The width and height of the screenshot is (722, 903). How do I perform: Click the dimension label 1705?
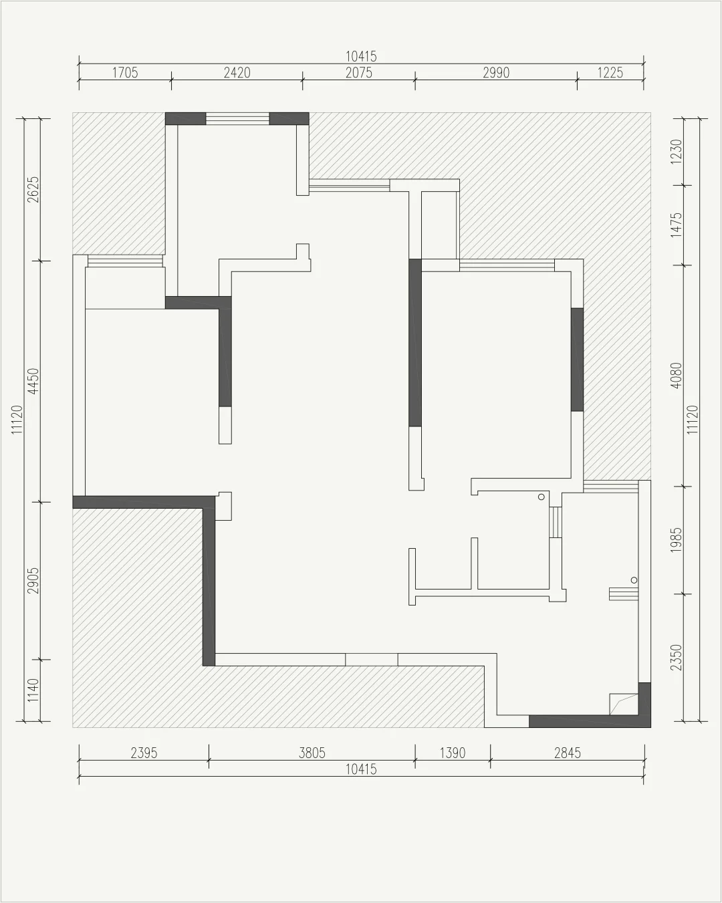coord(125,73)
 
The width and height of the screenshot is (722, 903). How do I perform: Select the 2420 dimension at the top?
coord(237,73)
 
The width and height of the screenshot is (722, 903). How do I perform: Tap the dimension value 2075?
coord(359,73)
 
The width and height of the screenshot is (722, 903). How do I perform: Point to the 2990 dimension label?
coord(496,73)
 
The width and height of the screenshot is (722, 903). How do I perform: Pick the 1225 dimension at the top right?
coord(610,73)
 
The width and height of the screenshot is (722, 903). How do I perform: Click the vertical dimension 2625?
coord(33,189)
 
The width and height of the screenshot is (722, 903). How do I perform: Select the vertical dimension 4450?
coord(33,381)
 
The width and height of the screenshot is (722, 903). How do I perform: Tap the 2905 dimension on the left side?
coord(33,581)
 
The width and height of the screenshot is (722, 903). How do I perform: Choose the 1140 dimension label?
coord(33,690)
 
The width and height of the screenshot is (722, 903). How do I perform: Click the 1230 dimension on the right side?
coord(677,152)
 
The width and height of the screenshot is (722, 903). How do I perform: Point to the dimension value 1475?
coord(677,225)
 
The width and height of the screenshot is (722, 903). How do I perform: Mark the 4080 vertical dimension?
coord(677,376)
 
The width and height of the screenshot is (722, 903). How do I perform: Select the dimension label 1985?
coord(677,540)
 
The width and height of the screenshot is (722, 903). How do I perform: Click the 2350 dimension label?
coord(677,658)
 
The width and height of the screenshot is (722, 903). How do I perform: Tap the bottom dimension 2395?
coord(144,753)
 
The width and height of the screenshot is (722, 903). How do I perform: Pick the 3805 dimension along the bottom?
coord(312,753)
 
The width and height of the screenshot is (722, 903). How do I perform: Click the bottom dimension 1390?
coord(453,753)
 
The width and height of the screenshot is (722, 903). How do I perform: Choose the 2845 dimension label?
coord(568,753)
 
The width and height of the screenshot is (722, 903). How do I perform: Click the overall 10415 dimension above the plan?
coord(362,57)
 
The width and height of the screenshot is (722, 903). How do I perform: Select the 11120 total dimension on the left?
coord(17,420)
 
